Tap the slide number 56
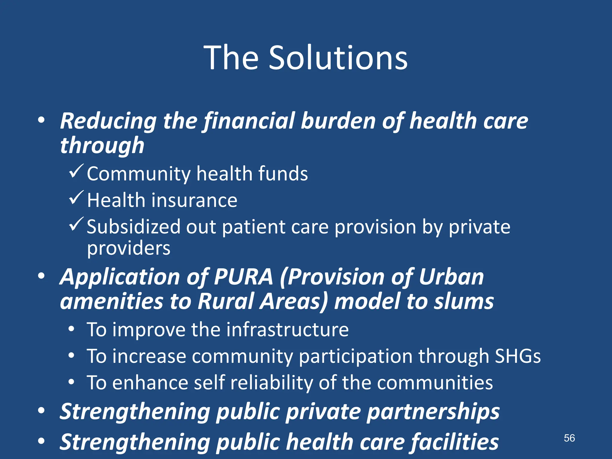coord(569,438)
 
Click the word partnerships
coord(433,411)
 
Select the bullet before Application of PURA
coord(42,276)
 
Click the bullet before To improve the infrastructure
coord(71,330)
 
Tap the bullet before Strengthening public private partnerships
coord(42,411)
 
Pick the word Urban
coord(451,277)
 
